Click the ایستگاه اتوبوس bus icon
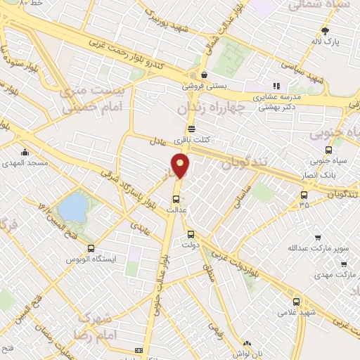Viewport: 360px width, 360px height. point(91,248)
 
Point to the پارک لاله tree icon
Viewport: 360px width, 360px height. point(325,32)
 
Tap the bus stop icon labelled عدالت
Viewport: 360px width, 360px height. point(176,199)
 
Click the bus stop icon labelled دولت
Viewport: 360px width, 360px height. point(191,235)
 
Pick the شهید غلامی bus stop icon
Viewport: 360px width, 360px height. point(296,301)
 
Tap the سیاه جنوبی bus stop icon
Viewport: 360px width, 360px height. point(328,150)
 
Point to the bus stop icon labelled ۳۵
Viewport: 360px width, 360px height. point(304,195)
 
